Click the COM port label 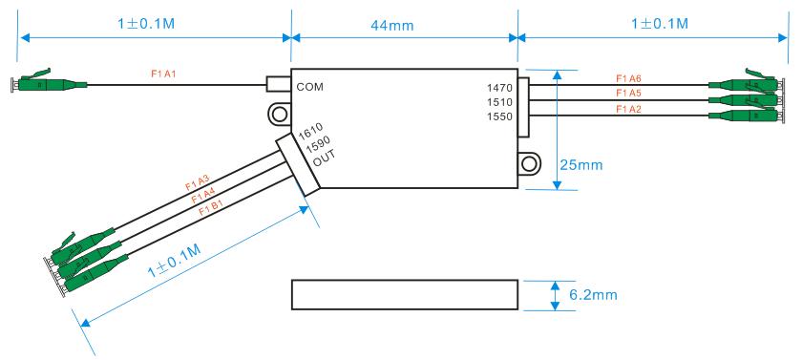(x=310, y=86)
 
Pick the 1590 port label (x=317, y=146)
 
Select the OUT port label (x=324, y=159)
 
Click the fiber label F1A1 (x=164, y=73)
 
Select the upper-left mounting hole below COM (x=279, y=116)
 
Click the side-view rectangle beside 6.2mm (x=405, y=295)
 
